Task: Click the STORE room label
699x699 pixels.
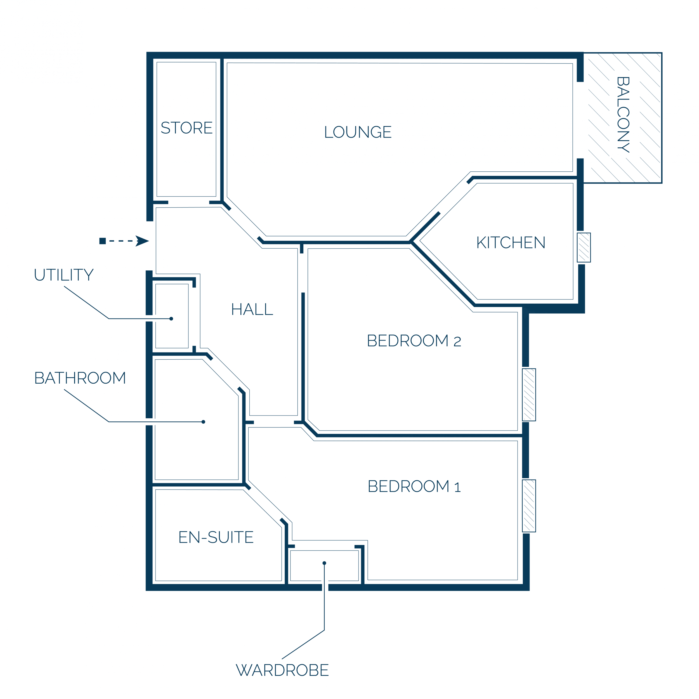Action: click(187, 128)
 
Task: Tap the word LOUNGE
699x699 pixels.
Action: click(358, 132)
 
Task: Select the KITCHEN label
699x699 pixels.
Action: click(511, 243)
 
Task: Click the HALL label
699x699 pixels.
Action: click(252, 309)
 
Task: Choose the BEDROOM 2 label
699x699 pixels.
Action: click(414, 341)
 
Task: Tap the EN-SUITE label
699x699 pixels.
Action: click(216, 537)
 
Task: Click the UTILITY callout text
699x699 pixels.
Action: click(64, 275)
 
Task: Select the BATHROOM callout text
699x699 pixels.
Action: click(80, 378)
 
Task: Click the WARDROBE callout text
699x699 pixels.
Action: click(282, 670)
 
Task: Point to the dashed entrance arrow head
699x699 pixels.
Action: click(142, 241)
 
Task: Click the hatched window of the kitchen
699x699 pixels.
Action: click(584, 247)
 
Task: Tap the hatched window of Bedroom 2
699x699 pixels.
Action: click(529, 395)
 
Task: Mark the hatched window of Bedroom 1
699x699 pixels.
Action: click(529, 506)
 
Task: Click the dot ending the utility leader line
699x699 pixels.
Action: click(171, 319)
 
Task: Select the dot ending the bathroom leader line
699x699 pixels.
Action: click(203, 422)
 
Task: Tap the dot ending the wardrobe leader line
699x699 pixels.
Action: click(324, 563)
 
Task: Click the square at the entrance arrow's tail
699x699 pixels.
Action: click(102, 241)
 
